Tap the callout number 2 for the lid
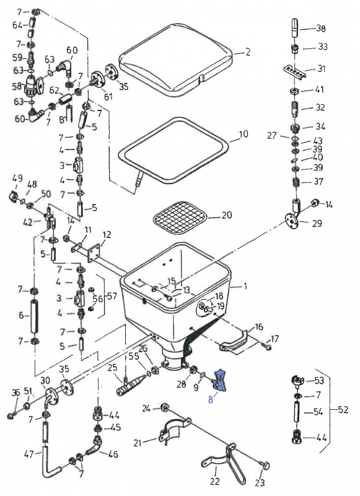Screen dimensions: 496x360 (x=247, y=52)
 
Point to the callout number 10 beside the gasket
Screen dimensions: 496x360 (x=243, y=134)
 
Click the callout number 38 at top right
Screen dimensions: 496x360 (x=320, y=29)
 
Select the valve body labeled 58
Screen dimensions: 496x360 (x=31, y=86)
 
